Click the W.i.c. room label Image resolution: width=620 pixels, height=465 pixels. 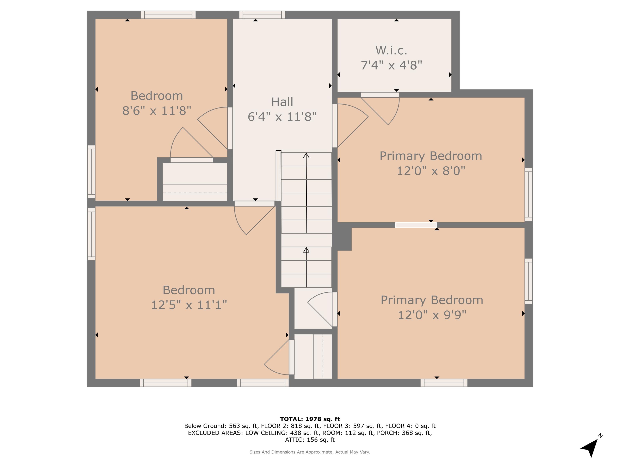click(391, 50)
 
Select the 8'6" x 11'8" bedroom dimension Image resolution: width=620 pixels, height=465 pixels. click(157, 111)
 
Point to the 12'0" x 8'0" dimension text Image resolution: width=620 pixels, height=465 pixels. click(431, 171)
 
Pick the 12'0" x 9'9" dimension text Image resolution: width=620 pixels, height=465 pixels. click(432, 315)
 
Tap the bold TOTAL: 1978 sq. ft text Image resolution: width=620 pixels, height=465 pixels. click(310, 419)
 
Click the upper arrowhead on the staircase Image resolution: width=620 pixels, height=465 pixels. click(306, 156)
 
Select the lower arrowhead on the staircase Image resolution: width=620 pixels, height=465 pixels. click(306, 250)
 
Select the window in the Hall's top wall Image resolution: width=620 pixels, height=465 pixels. click(262, 15)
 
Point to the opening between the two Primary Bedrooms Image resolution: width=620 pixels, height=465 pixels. click(416, 225)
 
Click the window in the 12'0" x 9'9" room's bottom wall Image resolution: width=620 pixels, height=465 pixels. click(444, 383)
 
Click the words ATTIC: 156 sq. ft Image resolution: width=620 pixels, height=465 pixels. click(310, 440)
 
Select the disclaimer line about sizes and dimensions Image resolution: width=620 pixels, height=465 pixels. click(310, 452)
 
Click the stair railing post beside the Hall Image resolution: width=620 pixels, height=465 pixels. click(278, 175)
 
